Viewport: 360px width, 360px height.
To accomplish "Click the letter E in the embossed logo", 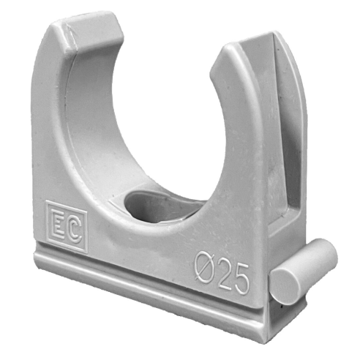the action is point(59,225).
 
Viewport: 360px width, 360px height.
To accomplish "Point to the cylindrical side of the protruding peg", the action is point(315,263).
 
